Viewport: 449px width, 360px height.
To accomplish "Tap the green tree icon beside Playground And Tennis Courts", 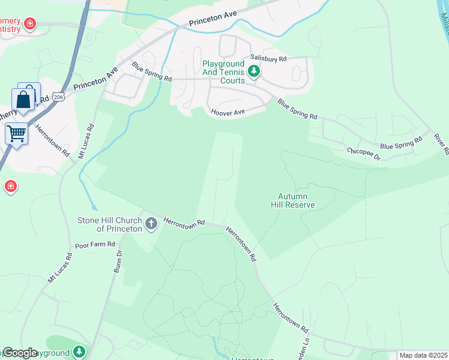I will [254, 72].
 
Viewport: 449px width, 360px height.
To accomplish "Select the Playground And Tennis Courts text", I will [223, 72].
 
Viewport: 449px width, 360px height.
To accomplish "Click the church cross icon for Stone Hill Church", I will [151, 224].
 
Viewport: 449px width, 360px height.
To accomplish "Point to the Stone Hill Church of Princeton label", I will [109, 224].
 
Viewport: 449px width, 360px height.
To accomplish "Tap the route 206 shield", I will [58, 97].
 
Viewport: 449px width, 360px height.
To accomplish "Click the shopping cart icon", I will [16, 133].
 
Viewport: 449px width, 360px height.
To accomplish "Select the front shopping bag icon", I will [23, 100].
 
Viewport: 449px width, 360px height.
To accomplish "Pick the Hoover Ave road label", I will [228, 112].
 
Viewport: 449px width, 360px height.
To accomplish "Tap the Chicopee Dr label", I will [364, 154].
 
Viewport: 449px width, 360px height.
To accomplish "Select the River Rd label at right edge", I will [442, 145].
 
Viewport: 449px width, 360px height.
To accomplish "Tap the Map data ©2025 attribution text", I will [423, 355].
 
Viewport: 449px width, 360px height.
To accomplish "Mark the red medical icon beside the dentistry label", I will [29, 25].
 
